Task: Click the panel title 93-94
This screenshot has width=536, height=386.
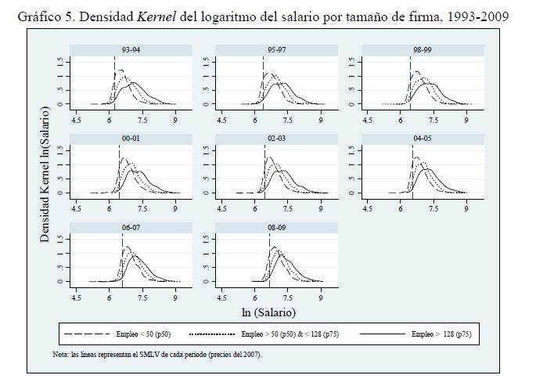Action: coord(125,50)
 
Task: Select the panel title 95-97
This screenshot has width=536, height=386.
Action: coord(271,50)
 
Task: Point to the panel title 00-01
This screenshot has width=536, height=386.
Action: coord(125,139)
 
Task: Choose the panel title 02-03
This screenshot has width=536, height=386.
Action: coord(271,139)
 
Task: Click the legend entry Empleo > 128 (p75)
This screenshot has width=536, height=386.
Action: coord(441,334)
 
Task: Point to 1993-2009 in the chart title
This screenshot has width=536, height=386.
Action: coord(470,13)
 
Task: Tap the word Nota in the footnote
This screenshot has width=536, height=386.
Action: coord(61,354)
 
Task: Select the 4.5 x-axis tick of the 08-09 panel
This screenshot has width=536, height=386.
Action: coord(222,298)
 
